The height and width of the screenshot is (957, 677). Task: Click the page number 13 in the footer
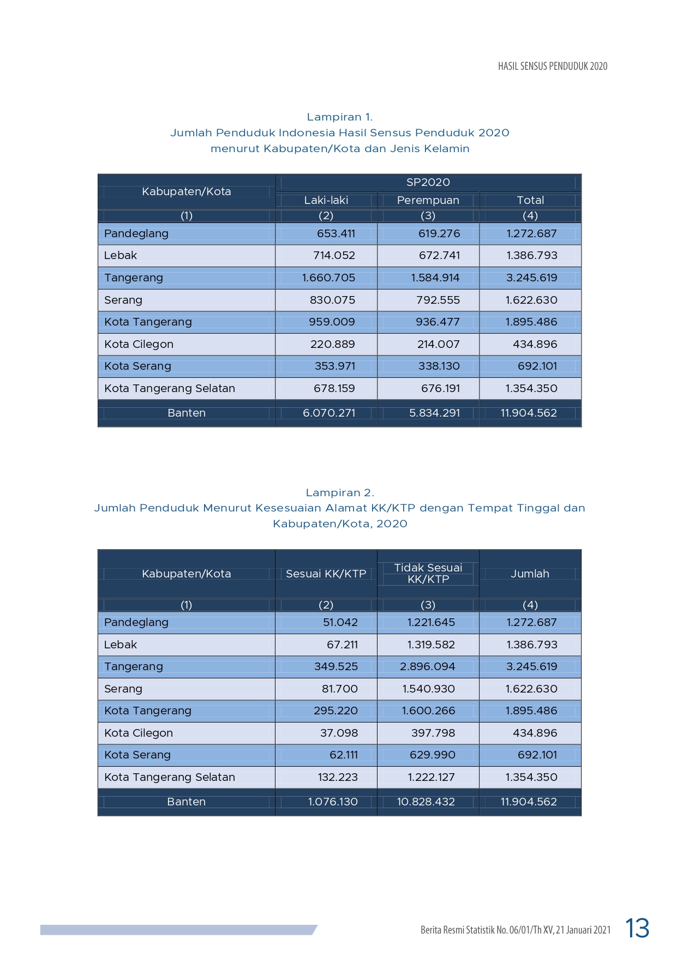(637, 928)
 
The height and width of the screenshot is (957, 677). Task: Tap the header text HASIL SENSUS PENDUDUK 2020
(552, 66)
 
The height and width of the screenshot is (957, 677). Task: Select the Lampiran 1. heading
(339, 117)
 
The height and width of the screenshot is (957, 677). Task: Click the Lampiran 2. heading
(339, 492)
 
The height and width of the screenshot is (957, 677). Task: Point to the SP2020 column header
(428, 182)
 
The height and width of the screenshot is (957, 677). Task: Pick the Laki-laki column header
(326, 200)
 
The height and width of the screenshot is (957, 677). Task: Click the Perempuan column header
(428, 200)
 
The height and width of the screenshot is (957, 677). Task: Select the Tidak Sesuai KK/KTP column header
(428, 573)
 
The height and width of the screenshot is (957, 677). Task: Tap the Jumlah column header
(530, 574)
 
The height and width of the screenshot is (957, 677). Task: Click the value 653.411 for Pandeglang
(335, 233)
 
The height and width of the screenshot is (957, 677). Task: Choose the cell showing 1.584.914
(435, 278)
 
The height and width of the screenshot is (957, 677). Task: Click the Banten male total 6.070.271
(328, 413)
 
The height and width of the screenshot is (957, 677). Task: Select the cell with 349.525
(335, 666)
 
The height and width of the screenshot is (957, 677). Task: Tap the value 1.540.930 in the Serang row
(428, 689)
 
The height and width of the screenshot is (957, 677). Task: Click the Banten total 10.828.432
(426, 802)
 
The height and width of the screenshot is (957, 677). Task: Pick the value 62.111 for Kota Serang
(343, 755)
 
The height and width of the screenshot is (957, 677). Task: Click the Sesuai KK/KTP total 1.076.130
(332, 802)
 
